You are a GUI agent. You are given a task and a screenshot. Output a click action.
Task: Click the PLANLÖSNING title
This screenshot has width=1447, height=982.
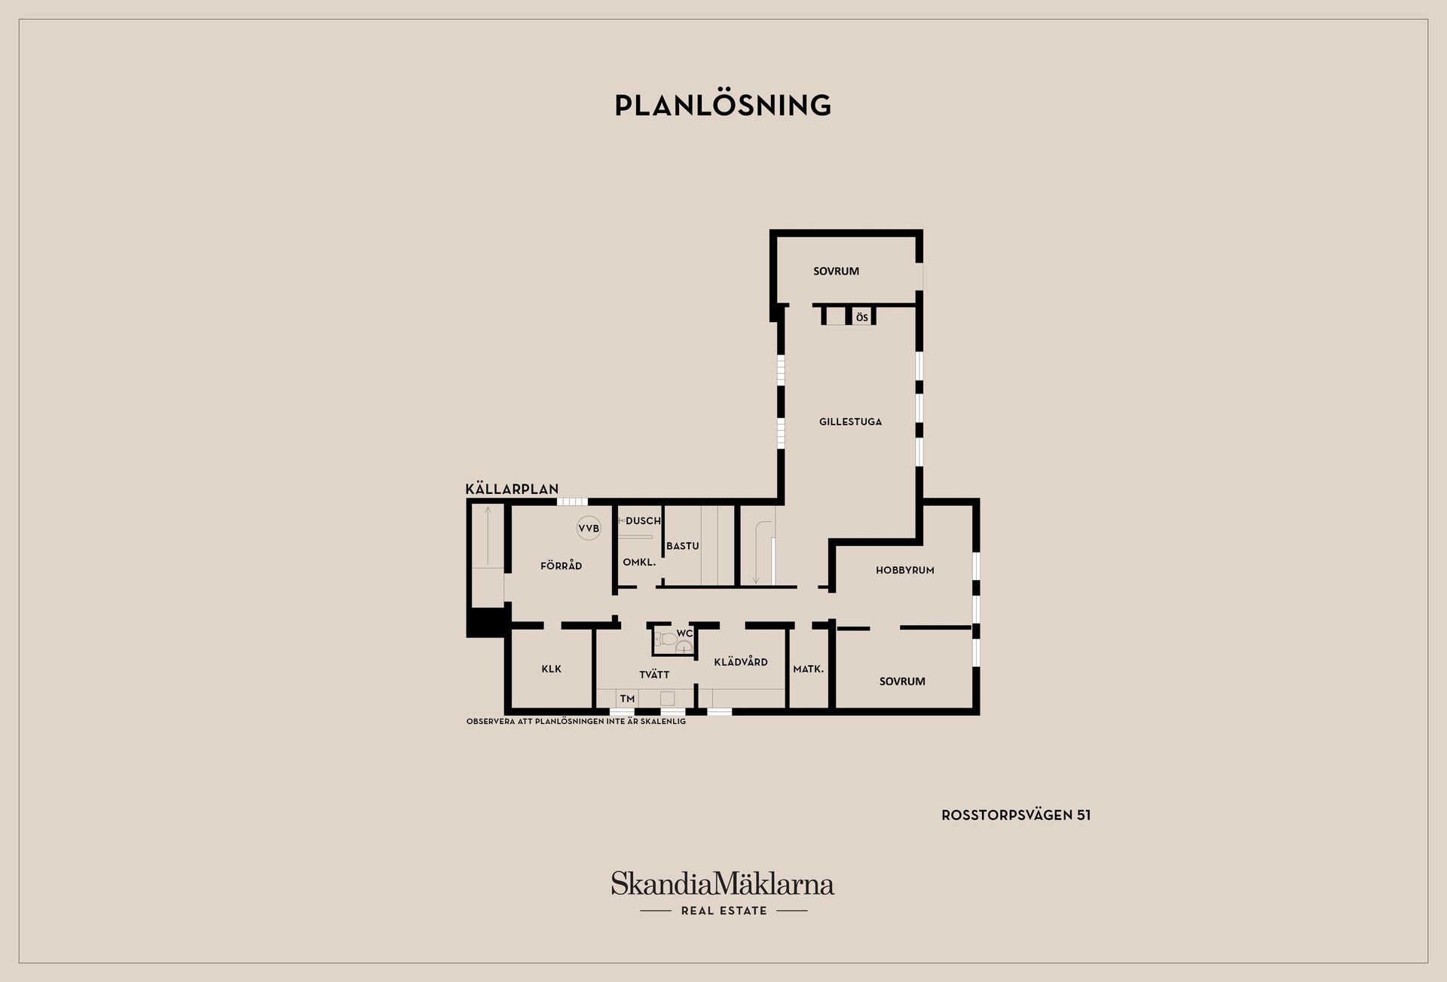pyautogui.click(x=723, y=106)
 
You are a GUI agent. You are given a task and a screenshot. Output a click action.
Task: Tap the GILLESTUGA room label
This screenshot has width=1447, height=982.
pyautogui.click(x=850, y=422)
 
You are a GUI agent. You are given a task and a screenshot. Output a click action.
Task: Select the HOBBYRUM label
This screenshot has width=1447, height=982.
pyautogui.click(x=904, y=570)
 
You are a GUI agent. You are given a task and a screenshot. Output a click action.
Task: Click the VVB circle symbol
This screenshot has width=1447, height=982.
pyautogui.click(x=589, y=529)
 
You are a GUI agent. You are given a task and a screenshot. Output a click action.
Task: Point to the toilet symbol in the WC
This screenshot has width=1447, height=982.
pyautogui.click(x=666, y=640)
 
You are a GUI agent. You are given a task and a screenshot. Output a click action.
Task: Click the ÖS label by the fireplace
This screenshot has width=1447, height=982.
pyautogui.click(x=861, y=318)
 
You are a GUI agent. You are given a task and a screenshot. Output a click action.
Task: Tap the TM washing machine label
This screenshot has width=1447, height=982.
pyautogui.click(x=627, y=699)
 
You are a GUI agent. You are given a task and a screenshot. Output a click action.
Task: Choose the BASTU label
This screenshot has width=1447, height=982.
pyautogui.click(x=682, y=545)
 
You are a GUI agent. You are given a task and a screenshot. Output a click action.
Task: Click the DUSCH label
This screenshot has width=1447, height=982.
pyautogui.click(x=643, y=520)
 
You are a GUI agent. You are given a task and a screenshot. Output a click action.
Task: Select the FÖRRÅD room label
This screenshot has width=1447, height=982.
pyautogui.click(x=561, y=566)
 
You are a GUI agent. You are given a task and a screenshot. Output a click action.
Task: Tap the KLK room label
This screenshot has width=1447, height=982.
pyautogui.click(x=551, y=669)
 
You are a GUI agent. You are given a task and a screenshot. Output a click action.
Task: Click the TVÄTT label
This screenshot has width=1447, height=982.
pyautogui.click(x=654, y=674)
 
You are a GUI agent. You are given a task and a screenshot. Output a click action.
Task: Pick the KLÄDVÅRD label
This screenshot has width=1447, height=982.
pyautogui.click(x=741, y=661)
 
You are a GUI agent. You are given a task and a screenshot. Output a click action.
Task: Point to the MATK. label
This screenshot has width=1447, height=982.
pyautogui.click(x=808, y=669)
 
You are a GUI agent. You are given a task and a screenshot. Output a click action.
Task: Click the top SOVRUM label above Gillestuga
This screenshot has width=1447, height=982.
pyautogui.click(x=836, y=271)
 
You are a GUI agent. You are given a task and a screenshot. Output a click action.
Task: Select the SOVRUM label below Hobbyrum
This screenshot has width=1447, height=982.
pyautogui.click(x=902, y=681)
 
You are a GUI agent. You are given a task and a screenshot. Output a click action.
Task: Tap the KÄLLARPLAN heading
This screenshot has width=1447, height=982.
pyautogui.click(x=512, y=489)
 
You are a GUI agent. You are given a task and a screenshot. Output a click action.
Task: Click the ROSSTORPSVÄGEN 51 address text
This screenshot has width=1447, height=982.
pyautogui.click(x=1015, y=815)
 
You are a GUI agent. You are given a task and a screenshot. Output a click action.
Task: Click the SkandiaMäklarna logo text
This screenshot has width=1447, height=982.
pyautogui.click(x=723, y=884)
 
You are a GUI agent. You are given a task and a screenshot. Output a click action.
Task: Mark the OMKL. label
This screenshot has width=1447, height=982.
pyautogui.click(x=639, y=562)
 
